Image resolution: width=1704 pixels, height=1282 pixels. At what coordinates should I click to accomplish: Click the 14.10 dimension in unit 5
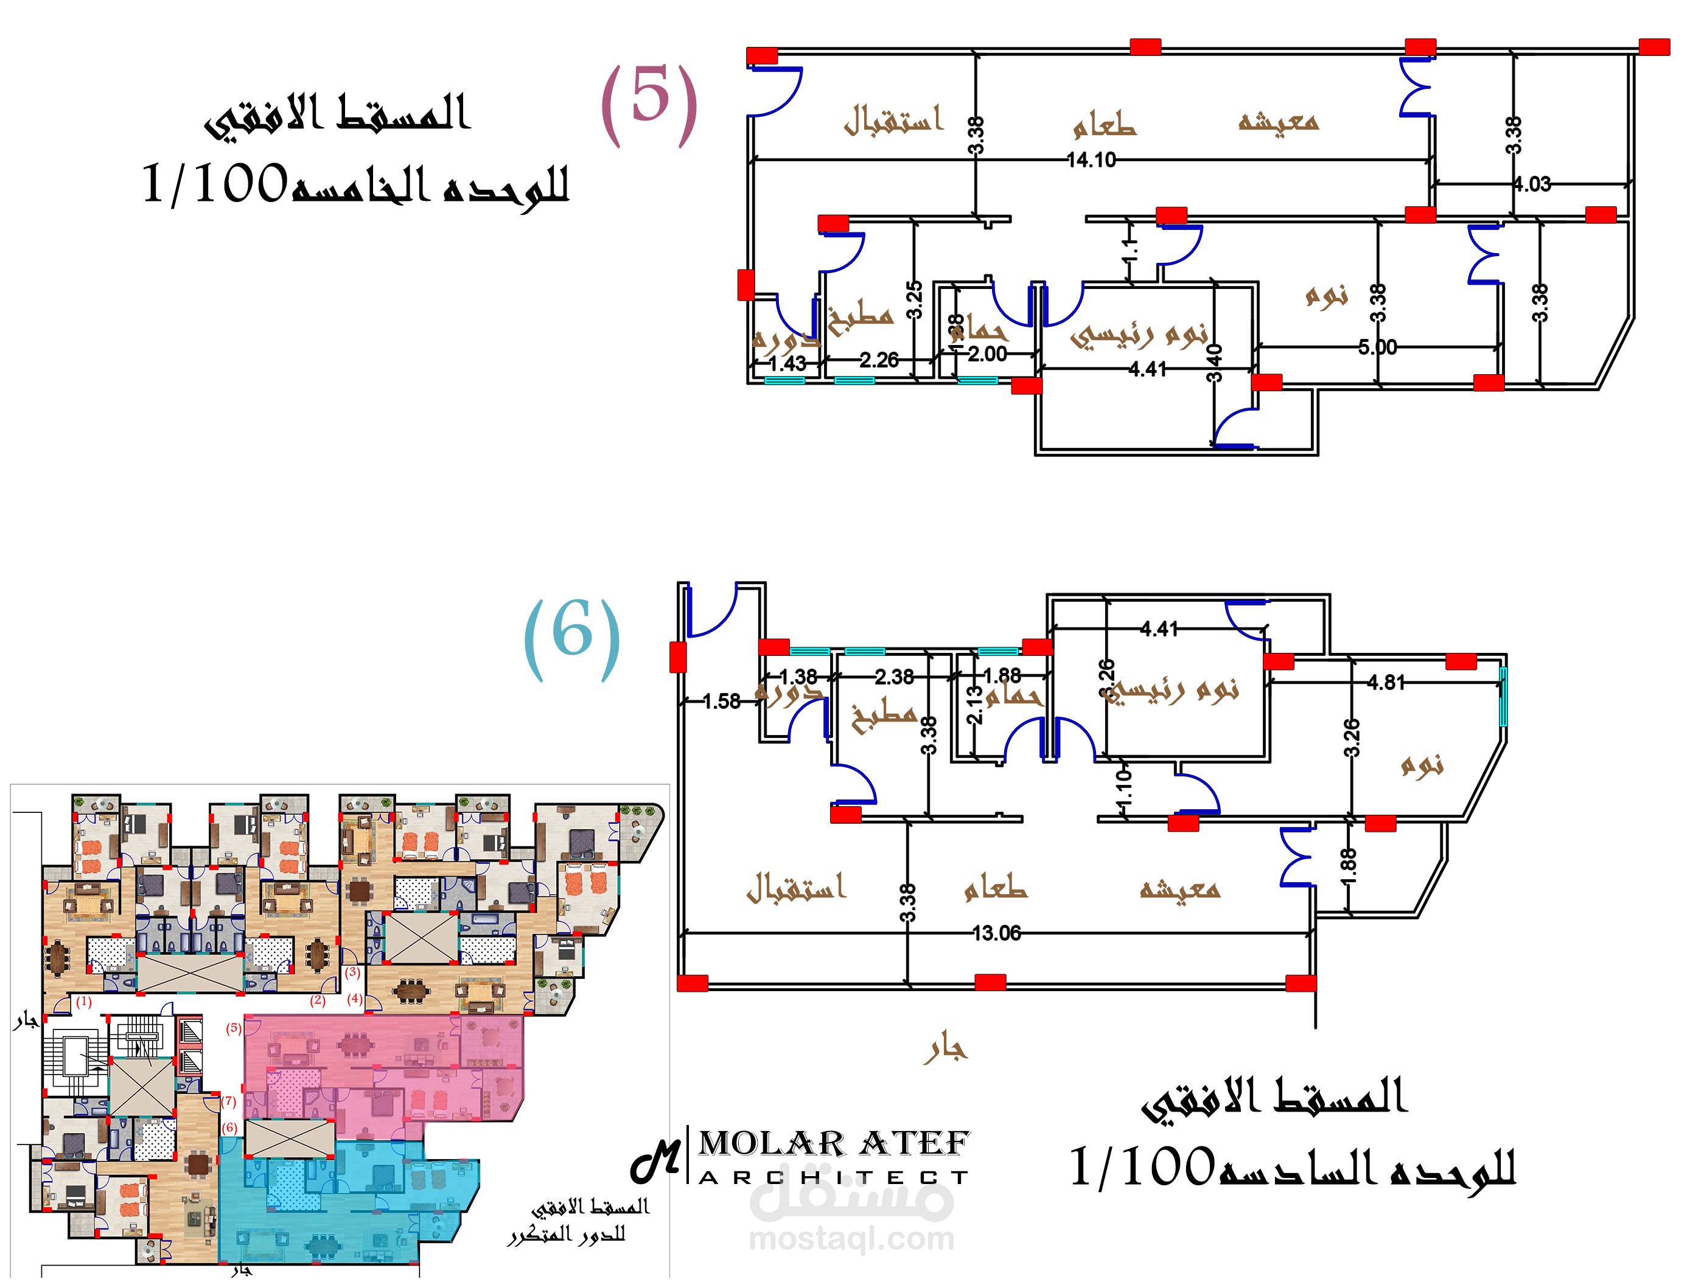click(x=1091, y=160)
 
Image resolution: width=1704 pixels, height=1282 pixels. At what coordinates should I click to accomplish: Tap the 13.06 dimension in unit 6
click(x=996, y=933)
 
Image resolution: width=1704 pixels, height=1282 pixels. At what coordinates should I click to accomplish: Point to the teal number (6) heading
click(x=571, y=638)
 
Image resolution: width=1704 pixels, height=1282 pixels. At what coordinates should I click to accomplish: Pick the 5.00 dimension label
click(x=1377, y=347)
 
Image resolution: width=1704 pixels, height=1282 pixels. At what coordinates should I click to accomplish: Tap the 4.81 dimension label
click(x=1386, y=682)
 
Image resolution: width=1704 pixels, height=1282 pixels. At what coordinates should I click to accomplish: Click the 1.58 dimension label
click(x=721, y=702)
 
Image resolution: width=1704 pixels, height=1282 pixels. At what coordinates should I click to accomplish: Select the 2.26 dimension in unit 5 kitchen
click(x=879, y=360)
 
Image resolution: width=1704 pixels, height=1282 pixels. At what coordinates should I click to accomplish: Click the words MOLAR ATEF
click(x=834, y=1144)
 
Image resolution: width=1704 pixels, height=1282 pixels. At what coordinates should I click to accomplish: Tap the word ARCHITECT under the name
click(x=834, y=1178)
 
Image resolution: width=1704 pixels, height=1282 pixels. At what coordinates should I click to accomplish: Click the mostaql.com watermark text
click(x=851, y=1239)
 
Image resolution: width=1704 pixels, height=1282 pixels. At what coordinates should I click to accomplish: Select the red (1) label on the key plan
click(x=84, y=1002)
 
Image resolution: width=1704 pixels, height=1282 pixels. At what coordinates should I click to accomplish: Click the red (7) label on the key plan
click(x=229, y=1101)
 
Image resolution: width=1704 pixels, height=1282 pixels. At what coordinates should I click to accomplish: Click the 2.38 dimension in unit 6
click(x=893, y=677)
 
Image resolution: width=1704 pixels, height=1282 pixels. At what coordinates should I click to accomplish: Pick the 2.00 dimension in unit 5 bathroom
click(x=987, y=354)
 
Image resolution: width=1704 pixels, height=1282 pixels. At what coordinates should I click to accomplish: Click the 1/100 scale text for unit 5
click(x=215, y=185)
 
